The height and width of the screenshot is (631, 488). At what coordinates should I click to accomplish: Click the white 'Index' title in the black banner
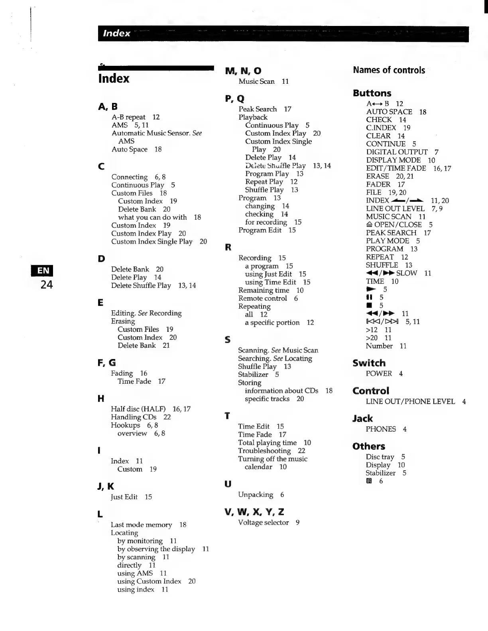point(116,34)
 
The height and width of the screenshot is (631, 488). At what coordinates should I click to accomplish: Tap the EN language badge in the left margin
point(43,271)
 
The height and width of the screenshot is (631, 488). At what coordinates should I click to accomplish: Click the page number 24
point(46,284)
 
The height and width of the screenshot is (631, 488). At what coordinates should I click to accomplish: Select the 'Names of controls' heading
point(389,70)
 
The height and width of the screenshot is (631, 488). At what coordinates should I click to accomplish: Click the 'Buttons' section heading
point(372,93)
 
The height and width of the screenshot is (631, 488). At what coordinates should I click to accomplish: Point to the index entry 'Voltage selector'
point(263,523)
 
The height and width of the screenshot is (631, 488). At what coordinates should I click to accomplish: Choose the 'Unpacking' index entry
point(256,495)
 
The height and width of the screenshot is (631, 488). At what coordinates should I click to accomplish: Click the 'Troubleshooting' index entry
point(264,451)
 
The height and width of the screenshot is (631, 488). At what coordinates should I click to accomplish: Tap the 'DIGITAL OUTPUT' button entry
point(397,152)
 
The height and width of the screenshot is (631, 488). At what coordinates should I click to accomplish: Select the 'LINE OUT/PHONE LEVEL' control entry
point(410,402)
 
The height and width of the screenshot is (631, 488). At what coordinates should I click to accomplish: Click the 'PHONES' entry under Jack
point(381,429)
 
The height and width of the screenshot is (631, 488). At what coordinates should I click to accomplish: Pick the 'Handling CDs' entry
point(134,417)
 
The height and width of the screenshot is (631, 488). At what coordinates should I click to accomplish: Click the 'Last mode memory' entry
point(142,525)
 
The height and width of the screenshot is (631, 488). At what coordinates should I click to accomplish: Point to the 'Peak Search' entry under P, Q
point(258,109)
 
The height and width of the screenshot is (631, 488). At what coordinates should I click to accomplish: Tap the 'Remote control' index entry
point(262,298)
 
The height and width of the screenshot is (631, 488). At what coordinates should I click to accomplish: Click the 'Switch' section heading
point(369,363)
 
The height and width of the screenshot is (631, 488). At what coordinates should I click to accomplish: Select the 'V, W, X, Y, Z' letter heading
point(254,512)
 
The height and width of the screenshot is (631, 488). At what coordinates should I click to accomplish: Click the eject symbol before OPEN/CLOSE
point(369,225)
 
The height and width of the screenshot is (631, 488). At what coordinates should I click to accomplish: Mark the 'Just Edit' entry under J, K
point(124,497)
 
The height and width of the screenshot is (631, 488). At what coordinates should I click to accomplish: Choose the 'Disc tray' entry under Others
point(380,457)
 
